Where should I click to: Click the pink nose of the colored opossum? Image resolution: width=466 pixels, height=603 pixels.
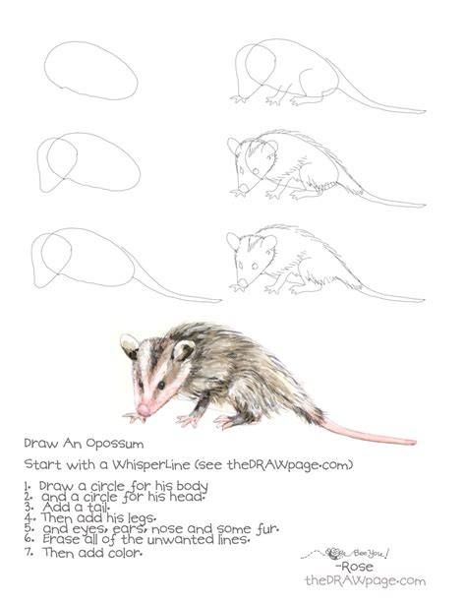(144, 410)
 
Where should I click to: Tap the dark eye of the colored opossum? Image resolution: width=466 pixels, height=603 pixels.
(161, 385)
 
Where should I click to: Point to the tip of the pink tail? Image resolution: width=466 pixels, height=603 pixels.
(415, 443)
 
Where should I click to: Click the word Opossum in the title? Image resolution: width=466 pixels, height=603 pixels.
(115, 444)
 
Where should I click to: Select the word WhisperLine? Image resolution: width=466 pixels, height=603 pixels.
(151, 465)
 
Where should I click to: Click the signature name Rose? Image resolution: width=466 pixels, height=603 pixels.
(354, 567)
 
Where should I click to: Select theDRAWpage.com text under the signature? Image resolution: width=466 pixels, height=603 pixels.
(366, 580)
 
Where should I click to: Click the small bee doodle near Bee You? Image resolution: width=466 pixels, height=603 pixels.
(333, 554)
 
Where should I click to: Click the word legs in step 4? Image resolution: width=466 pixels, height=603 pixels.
(142, 518)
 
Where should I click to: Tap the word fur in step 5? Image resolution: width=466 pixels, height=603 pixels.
(267, 529)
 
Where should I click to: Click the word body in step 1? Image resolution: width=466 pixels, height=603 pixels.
(193, 486)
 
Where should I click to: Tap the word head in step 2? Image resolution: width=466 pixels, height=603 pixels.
(186, 497)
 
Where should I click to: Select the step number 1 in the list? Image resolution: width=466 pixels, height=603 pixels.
(28, 487)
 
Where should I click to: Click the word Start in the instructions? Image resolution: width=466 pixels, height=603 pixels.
(42, 464)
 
